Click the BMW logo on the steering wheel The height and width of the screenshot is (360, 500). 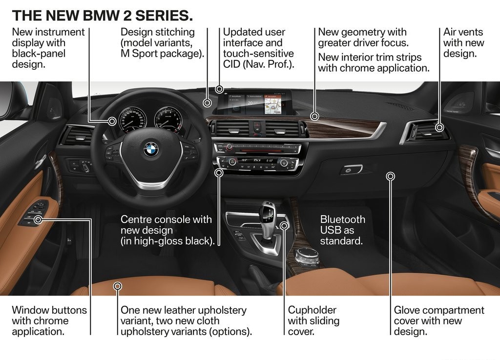coord(151,149)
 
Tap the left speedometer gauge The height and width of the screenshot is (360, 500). coord(133,120)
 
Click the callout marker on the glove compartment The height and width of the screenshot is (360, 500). coord(391,176)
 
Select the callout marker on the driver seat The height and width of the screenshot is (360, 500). coord(118,286)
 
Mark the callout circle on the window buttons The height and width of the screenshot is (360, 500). coord(38,220)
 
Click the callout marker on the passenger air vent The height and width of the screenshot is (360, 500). coord(440,127)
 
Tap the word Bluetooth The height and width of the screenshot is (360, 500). coord(342,219)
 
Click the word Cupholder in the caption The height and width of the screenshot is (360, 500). coord(312,310)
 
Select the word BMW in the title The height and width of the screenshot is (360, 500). coord(101,16)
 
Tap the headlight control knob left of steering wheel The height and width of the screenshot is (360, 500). coord(85,167)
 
